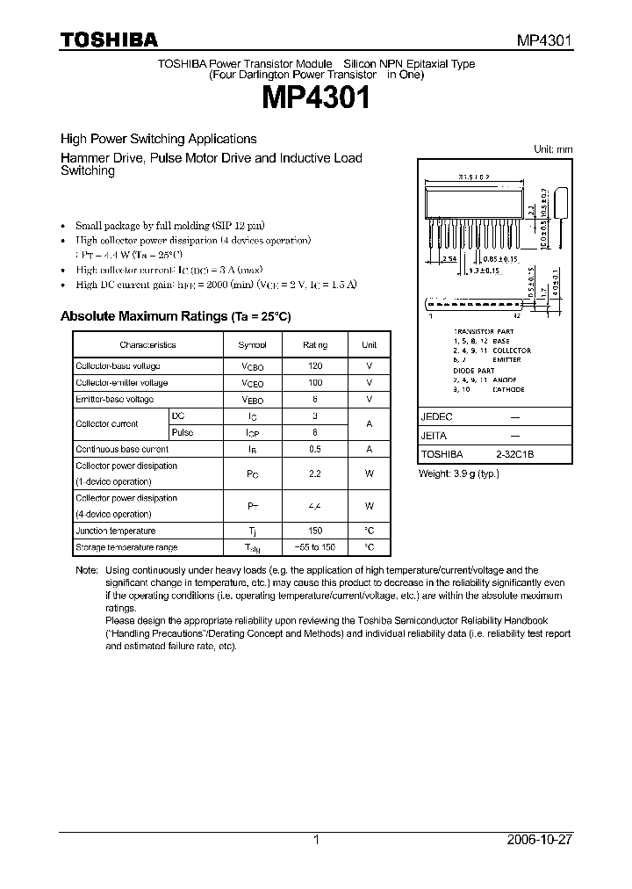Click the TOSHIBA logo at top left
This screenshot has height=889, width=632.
click(x=109, y=40)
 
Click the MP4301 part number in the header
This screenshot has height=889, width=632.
click(x=542, y=40)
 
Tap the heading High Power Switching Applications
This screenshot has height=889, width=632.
click(x=158, y=139)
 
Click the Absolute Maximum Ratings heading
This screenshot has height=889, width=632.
click(x=175, y=316)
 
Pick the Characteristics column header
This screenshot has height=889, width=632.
click(x=147, y=345)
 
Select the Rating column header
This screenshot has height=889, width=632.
click(x=315, y=345)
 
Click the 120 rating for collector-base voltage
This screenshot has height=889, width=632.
click(x=315, y=366)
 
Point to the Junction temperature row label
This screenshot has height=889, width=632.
click(x=115, y=531)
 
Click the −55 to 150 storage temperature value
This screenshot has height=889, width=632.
click(x=315, y=547)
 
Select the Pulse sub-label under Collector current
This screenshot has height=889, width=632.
click(x=183, y=432)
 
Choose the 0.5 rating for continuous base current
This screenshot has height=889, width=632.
click(x=315, y=449)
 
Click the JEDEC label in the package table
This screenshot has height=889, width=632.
click(x=437, y=418)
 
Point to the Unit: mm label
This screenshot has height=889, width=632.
click(x=553, y=149)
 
